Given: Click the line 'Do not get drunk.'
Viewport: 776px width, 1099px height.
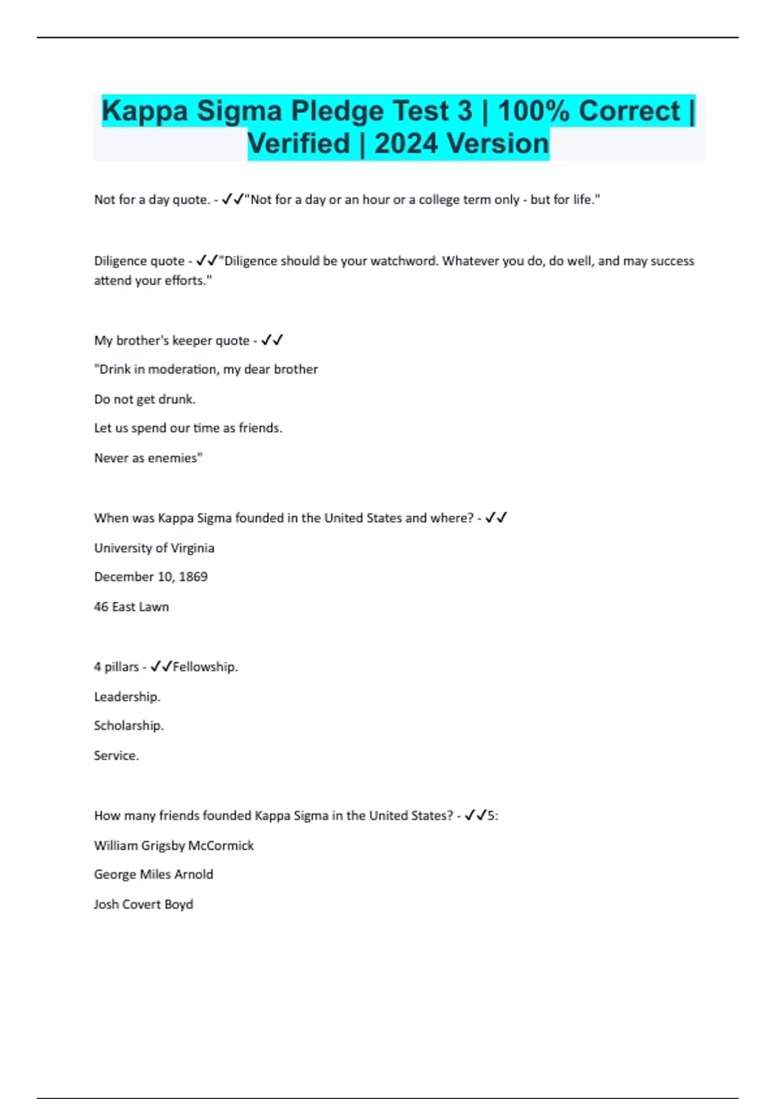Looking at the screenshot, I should [x=145, y=400].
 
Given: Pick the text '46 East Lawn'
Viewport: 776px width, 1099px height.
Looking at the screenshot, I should [x=131, y=607].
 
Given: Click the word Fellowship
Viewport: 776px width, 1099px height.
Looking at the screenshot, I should [x=204, y=667].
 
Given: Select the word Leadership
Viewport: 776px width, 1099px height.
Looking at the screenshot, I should [x=127, y=697].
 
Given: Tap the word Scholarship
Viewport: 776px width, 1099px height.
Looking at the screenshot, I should [x=129, y=726].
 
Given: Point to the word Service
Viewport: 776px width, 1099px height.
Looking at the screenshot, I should [x=116, y=756].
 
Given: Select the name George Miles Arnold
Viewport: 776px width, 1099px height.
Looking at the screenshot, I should [x=153, y=875].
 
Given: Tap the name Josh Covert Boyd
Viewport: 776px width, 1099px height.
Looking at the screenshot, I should [x=144, y=904].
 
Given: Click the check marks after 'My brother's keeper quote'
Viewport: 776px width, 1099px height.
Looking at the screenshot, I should [x=272, y=340].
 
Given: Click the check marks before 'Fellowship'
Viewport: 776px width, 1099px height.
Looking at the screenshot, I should [x=161, y=667].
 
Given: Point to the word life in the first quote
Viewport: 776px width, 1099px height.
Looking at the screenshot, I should [x=583, y=200].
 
